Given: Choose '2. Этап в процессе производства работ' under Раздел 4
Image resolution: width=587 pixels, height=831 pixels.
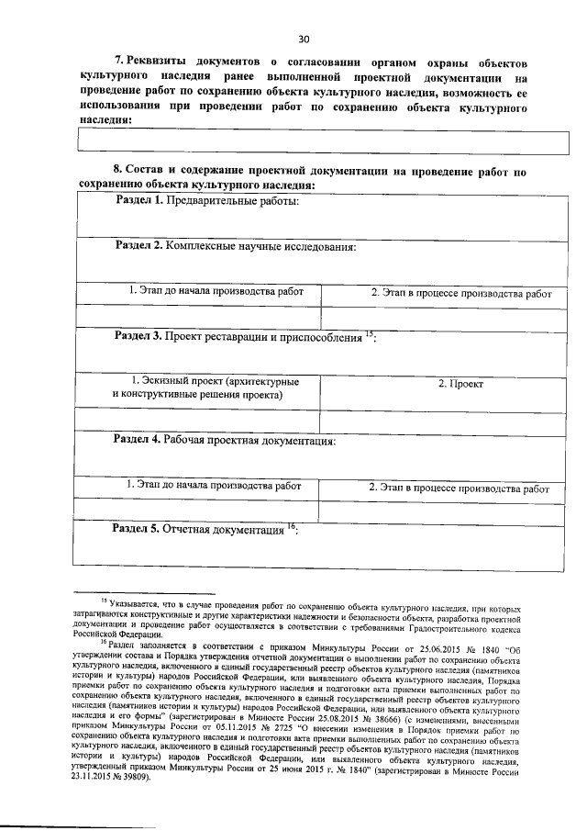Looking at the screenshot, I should pyautogui.click(x=459, y=488).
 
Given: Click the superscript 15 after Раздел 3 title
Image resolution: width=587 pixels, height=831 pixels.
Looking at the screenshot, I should pyautogui.click(x=369, y=332).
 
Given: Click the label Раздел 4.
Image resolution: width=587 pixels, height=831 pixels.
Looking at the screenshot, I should pyautogui.click(x=138, y=440).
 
